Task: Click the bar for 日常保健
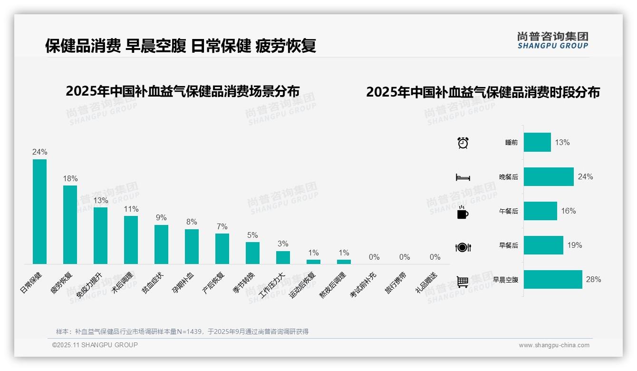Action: tap(39, 211)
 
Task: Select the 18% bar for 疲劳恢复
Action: tap(70, 225)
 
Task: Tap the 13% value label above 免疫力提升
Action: tap(101, 201)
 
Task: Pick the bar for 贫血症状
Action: tap(161, 244)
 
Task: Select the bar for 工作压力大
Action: tap(283, 257)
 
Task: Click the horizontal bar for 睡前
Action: tap(537, 142)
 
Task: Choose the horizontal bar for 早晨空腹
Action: tap(553, 280)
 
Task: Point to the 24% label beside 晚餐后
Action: tap(585, 177)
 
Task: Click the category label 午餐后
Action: tap(508, 211)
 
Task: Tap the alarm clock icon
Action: tap(463, 143)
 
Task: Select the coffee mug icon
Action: tap(463, 213)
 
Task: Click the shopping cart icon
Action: tap(463, 282)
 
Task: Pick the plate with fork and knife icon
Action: tap(463, 247)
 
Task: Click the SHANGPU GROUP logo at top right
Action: tap(552, 40)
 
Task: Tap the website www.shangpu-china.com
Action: tap(554, 345)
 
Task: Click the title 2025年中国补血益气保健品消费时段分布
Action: tap(483, 92)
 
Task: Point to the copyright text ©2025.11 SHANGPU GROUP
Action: tap(95, 345)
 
